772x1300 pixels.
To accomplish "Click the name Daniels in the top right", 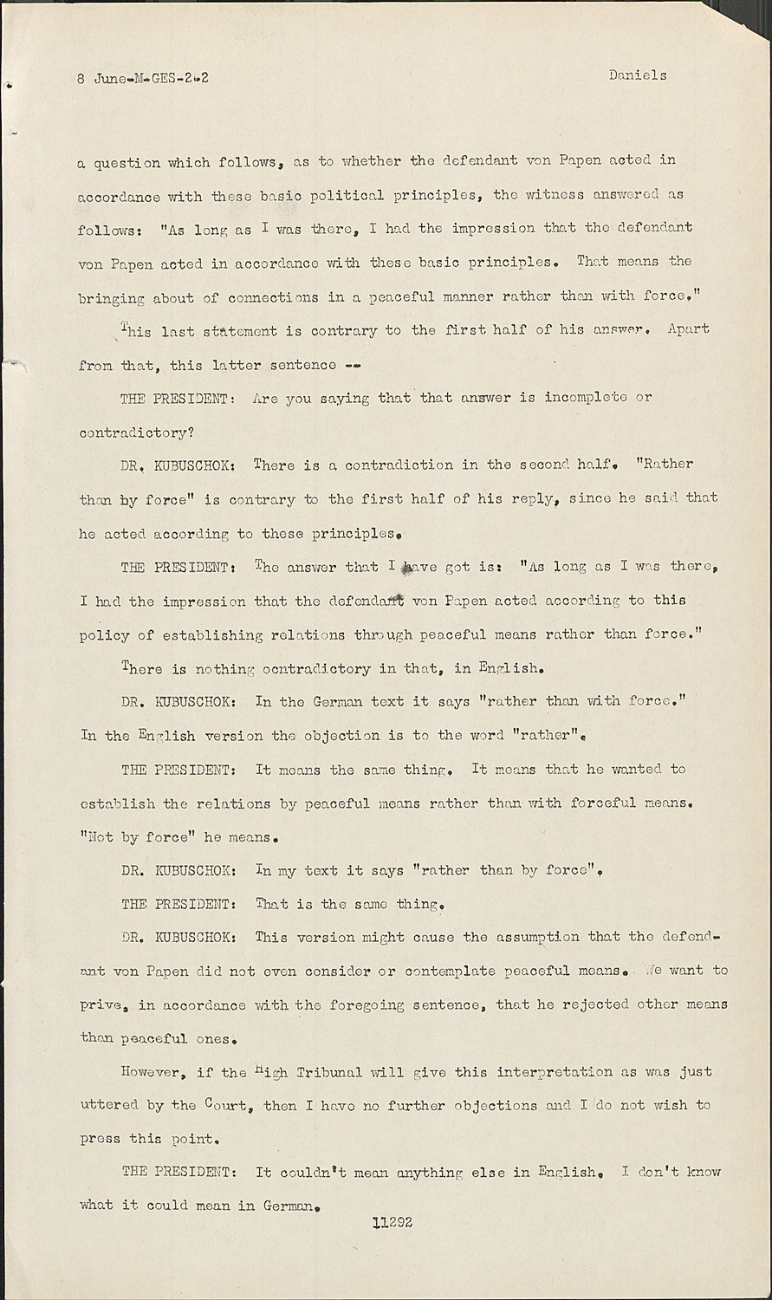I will (638, 75).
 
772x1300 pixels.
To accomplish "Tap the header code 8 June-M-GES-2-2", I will (143, 78).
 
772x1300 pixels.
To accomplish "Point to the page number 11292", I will (392, 1223).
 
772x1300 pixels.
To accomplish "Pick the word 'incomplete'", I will (586, 398).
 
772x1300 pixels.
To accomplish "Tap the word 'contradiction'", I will (399, 465).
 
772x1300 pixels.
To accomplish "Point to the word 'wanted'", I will (637, 769).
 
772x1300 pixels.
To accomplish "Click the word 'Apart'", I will (689, 329).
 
